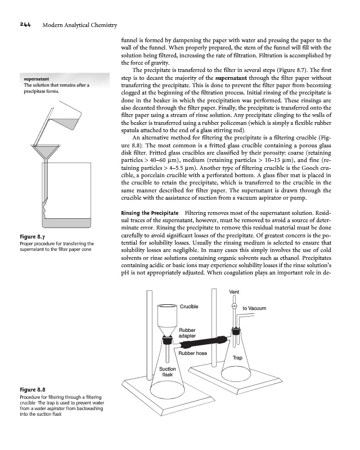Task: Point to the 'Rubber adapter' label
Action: click(187, 332)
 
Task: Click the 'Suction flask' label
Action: click(167, 371)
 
